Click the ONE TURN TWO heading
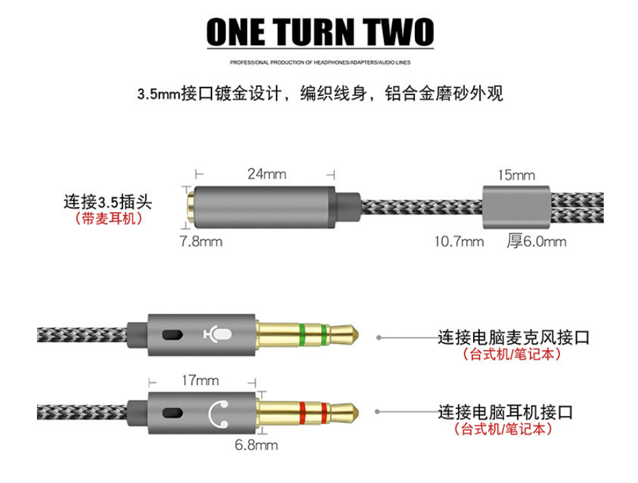click(320, 32)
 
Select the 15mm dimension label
click(516, 175)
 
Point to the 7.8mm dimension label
click(201, 241)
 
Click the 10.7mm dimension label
click(459, 241)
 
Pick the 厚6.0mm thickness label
click(536, 241)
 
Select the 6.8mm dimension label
click(256, 445)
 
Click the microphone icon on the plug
click(219, 335)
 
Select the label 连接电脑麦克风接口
click(513, 337)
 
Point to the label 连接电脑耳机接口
click(506, 412)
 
